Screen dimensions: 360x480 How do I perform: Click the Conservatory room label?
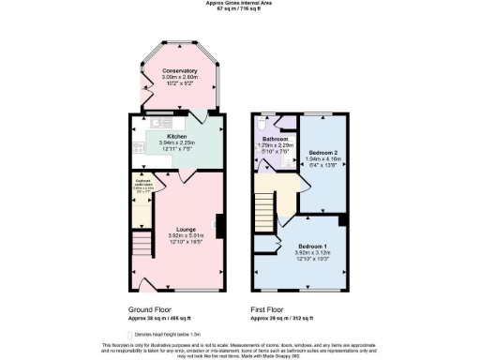click(x=179, y=71)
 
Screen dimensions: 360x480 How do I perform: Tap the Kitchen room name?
click(x=177, y=136)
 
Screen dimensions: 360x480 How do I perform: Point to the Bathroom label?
click(x=276, y=139)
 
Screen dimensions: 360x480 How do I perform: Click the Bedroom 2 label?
click(x=323, y=152)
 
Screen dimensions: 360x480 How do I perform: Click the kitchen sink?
click(x=157, y=123)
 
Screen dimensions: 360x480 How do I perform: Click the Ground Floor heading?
click(x=149, y=308)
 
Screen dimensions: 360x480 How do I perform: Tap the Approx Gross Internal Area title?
click(x=239, y=3)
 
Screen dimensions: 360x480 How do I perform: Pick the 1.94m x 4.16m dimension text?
click(x=323, y=159)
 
